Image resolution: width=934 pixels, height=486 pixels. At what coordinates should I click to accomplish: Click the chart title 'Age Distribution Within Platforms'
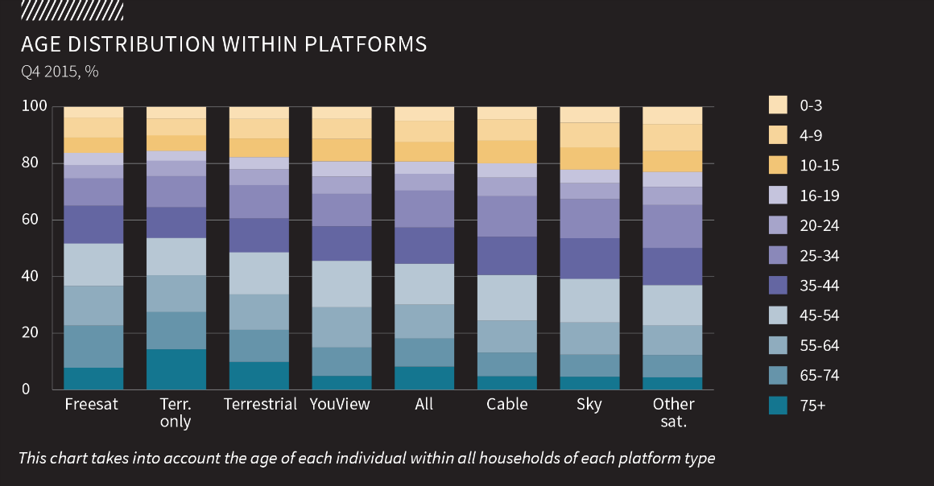pos(224,44)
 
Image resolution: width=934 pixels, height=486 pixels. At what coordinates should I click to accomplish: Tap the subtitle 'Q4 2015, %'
pos(60,72)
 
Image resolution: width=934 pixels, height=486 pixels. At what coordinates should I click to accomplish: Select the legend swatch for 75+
pos(778,406)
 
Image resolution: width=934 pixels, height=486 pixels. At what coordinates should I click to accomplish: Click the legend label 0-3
pos(811,105)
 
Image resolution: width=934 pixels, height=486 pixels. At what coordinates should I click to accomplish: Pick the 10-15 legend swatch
pos(778,166)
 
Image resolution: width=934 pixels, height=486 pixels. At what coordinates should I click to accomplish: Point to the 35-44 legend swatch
pos(778,286)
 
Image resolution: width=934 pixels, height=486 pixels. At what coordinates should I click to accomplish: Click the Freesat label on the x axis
pos(92,404)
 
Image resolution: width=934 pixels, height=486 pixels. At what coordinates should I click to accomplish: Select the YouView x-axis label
pos(340,404)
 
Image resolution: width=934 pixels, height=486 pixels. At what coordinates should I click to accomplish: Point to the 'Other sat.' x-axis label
pos(674,412)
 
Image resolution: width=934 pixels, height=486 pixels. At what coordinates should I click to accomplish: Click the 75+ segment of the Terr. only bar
pos(176,369)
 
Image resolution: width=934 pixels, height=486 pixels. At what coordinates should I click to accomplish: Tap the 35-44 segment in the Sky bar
pos(589,258)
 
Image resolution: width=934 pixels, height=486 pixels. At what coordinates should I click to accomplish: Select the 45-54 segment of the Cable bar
pos(506,298)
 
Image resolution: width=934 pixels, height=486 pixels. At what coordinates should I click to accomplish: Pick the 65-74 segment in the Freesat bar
pos(93,346)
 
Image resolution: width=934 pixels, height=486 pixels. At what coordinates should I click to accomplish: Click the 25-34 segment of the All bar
pos(424,209)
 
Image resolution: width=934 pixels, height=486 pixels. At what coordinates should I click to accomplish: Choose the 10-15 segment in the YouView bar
pos(341,150)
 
